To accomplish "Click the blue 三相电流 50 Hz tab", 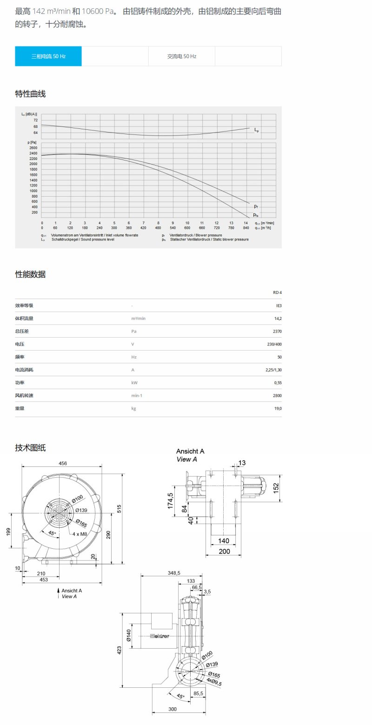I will pos(48,56).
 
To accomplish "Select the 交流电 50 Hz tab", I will pos(182,56).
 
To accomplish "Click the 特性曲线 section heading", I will pos(30,94).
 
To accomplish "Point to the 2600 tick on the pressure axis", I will pos(33,148).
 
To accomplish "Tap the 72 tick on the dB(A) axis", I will pos(35,120).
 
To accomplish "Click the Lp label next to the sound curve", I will pos(256,130).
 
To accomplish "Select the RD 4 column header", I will pos(277,293).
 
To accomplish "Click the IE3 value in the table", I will pos(279,306).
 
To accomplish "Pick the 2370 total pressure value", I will pos(278,332).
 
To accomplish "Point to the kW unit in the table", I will pos(134,383).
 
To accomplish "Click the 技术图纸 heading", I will pos(30,448).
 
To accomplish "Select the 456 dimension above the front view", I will pos(62,463).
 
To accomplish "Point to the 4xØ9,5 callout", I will pos(214,682).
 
